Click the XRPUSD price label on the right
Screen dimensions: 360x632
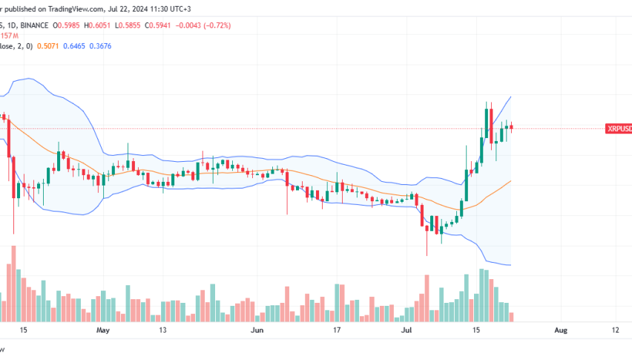619,128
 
